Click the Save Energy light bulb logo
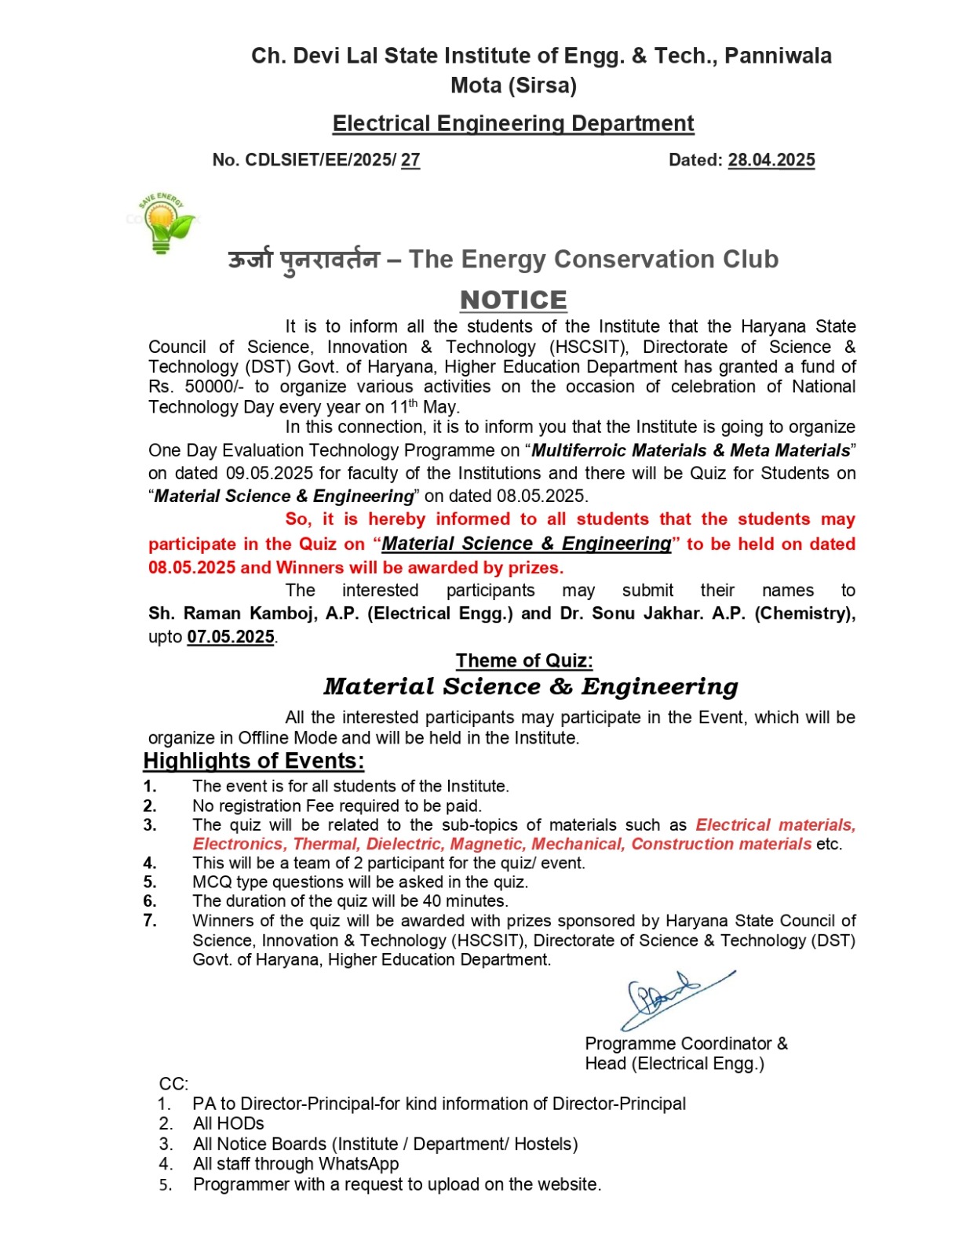click(x=162, y=224)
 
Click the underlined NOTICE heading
click(x=513, y=300)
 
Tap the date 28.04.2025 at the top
click(x=771, y=160)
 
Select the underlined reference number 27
click(x=410, y=160)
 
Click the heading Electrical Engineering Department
click(x=513, y=123)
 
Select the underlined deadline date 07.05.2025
click(x=231, y=637)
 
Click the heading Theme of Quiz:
click(x=524, y=660)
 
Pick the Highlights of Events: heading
click(x=253, y=761)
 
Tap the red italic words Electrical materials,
click(x=775, y=825)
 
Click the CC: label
click(x=173, y=1084)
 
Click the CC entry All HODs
click(x=228, y=1124)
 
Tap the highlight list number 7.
click(x=150, y=921)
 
